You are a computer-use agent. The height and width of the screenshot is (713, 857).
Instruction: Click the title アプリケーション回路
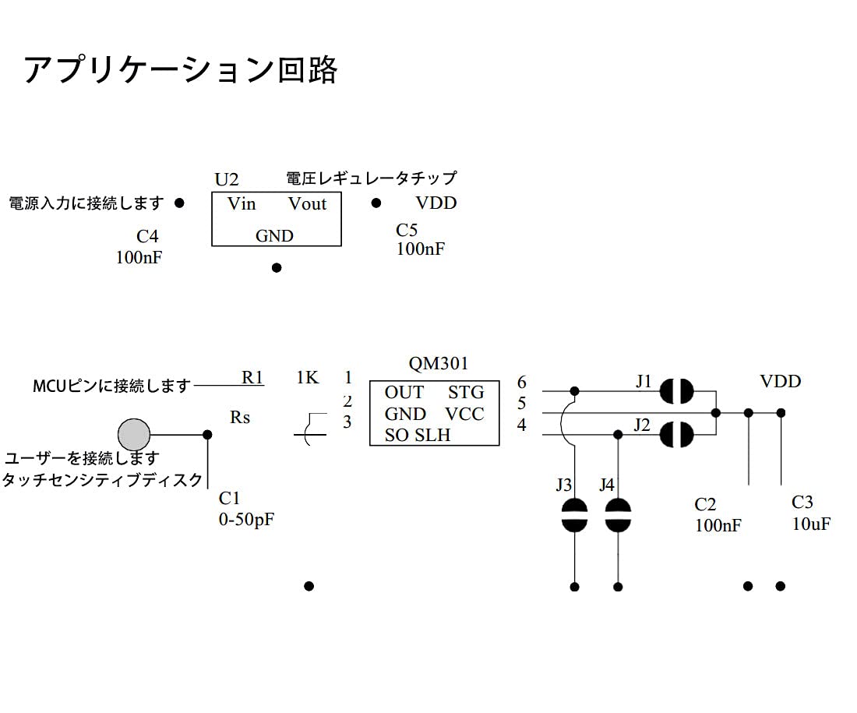pos(181,70)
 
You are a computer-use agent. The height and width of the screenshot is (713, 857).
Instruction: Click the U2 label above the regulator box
pos(227,180)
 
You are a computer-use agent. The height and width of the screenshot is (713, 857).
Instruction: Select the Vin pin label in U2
pos(242,204)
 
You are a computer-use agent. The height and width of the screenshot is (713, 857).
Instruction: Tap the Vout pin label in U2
pos(307,204)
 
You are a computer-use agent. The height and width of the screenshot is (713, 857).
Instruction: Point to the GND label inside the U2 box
pos(274,236)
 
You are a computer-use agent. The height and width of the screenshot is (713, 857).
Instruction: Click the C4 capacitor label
pos(147,237)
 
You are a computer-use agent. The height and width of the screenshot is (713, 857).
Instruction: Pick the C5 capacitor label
pos(407,230)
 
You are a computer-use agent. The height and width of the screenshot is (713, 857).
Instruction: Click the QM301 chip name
pos(439,363)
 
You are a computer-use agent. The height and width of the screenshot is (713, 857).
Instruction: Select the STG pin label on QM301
pos(466,392)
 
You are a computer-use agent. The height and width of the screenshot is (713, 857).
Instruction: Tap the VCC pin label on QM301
pos(464,414)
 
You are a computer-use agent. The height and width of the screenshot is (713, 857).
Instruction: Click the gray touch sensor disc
pos(133,434)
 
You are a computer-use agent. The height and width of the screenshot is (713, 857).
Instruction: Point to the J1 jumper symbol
pos(676,391)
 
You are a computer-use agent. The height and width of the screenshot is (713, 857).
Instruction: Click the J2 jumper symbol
pos(676,435)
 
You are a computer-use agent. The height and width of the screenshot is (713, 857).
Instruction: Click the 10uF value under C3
pos(811,524)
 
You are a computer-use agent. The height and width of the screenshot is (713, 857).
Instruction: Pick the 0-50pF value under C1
pos(246,519)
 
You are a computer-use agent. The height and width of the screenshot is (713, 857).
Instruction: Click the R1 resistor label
pos(252,377)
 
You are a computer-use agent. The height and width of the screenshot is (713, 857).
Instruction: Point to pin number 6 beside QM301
pos(521,383)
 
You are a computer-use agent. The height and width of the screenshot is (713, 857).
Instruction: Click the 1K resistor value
pos(308,377)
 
